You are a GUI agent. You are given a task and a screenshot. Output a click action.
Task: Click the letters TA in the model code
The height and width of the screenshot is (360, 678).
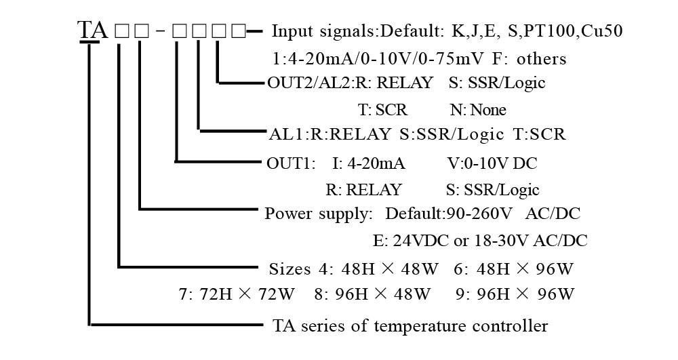click(x=92, y=31)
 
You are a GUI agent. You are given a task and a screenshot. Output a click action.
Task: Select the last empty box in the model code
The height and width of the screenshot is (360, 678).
click(x=239, y=31)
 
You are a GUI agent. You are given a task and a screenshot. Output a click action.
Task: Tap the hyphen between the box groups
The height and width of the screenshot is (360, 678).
click(x=159, y=32)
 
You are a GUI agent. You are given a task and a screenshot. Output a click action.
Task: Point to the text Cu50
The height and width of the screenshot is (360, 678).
click(x=603, y=31)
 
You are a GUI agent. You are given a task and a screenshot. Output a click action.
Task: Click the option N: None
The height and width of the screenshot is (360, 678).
click(x=478, y=110)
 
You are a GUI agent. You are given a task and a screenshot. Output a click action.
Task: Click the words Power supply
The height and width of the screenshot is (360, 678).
click(x=319, y=214)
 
